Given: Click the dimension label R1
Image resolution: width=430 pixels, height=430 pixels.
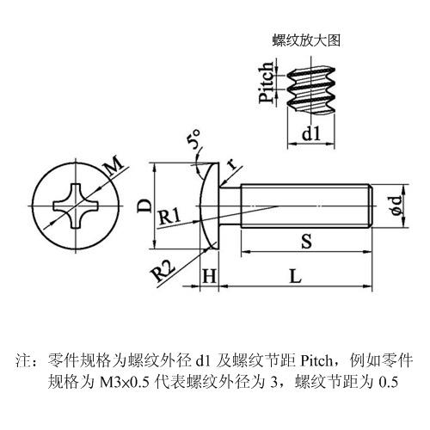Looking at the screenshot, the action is click(169, 217).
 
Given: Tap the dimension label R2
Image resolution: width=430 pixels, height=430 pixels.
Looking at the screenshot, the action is click(163, 271).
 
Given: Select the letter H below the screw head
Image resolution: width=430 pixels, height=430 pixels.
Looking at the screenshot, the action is click(209, 276).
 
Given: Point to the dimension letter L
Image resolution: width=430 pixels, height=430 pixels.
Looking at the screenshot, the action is click(296, 276).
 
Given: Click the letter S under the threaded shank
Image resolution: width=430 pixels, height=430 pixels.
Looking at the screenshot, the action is click(306, 241).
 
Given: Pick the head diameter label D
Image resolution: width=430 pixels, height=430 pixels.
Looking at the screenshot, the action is click(144, 206).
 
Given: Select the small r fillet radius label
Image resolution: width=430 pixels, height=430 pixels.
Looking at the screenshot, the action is click(232, 164).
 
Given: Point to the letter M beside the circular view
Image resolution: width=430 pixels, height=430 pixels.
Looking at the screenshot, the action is click(114, 166).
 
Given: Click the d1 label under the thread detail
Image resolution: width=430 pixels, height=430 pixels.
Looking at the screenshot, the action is click(311, 133).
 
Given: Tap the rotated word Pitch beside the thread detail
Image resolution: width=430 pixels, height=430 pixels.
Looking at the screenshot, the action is click(266, 83).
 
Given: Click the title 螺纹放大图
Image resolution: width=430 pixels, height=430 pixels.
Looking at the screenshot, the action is click(306, 40).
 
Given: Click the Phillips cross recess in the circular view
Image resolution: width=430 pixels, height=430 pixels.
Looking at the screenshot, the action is click(76, 206).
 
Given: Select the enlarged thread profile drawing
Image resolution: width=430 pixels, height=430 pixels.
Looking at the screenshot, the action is click(311, 89).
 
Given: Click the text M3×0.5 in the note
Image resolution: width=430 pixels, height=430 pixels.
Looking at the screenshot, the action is click(125, 382).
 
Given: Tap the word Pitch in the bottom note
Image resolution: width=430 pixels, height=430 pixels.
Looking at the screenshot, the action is click(316, 360).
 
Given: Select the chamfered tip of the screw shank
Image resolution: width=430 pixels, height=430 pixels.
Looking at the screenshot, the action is click(370, 206).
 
